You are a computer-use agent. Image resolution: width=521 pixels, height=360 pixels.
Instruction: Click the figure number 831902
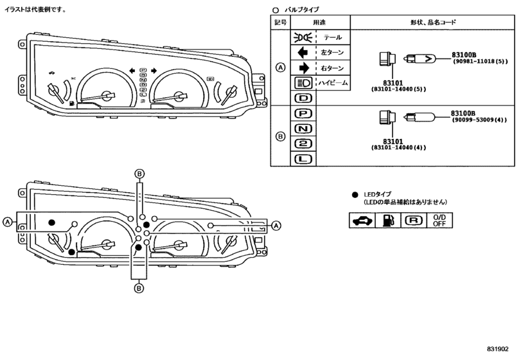tap(497, 348)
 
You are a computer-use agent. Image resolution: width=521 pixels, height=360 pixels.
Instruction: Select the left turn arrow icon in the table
tap(303, 53)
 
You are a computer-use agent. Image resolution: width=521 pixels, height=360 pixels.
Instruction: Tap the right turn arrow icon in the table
tap(304, 67)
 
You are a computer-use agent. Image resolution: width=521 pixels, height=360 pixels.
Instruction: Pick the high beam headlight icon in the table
tap(303, 83)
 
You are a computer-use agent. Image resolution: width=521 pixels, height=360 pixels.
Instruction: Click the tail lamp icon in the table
tap(303, 37)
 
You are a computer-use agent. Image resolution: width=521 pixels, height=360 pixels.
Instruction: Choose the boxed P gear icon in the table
tap(303, 114)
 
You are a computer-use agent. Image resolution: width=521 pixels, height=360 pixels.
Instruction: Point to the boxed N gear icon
tap(303, 129)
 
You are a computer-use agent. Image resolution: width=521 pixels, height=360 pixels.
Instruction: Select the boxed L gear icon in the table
tap(303, 159)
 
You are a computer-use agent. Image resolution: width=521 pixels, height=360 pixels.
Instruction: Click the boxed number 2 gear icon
tap(303, 143)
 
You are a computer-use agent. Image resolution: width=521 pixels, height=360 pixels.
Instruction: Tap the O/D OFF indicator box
tap(439, 221)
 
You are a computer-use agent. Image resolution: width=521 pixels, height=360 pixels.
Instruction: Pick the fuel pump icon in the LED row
tap(388, 221)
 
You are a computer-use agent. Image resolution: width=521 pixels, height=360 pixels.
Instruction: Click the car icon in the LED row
tap(362, 221)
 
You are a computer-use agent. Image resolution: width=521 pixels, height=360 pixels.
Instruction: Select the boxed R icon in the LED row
tap(414, 221)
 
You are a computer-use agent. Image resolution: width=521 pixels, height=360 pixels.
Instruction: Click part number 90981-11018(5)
tap(480, 62)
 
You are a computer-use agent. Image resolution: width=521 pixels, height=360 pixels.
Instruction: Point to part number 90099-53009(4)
tap(479, 120)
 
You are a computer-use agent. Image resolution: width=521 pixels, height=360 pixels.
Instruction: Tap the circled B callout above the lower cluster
tap(140, 174)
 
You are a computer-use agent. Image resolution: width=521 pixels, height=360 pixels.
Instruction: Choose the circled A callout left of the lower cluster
tap(7, 222)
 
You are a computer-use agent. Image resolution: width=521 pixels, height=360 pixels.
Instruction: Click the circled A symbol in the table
tap(281, 67)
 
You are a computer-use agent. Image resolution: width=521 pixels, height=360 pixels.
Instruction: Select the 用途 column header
tap(319, 22)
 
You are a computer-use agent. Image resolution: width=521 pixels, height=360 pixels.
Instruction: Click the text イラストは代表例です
tap(35, 10)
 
